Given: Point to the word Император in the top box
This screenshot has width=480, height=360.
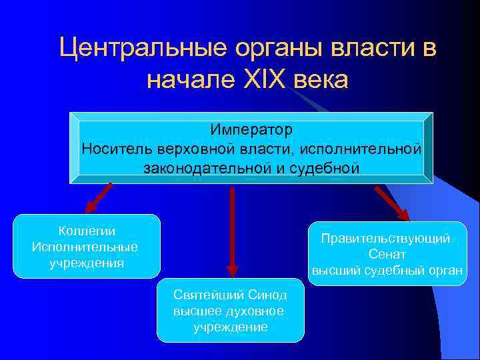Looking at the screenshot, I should pos(251,128).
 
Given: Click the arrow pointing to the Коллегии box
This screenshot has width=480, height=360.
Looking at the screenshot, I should pos(98,197).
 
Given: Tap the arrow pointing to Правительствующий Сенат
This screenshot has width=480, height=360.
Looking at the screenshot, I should pos(392,203).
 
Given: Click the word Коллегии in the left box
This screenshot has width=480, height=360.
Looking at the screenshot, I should pos(87,231).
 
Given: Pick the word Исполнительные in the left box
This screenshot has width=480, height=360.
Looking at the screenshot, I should pos(85,247).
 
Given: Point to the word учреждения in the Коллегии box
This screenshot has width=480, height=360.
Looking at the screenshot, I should pos(87,263).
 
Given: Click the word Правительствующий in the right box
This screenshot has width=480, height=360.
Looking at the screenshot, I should pos(386,239).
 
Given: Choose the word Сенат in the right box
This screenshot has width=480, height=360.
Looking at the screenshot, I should pos(387,255).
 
